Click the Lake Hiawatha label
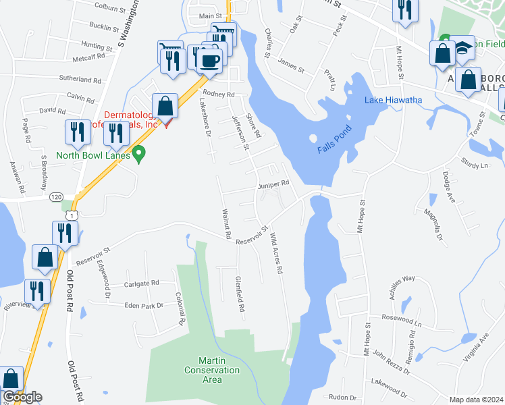394,101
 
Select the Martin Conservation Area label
212,370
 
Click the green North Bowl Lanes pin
139,155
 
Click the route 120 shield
56,196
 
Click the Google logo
22,397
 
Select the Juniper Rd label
273,184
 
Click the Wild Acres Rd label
275,254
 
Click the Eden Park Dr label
144,306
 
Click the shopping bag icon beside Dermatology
165,106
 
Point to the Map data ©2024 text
476,400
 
